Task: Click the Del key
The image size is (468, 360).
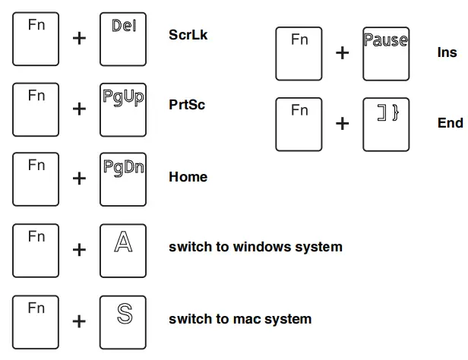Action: (x=122, y=38)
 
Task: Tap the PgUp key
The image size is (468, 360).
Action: (x=122, y=109)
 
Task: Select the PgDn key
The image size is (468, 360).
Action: (x=122, y=180)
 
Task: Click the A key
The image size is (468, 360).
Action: (x=122, y=249)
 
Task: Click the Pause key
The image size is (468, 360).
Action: (x=386, y=53)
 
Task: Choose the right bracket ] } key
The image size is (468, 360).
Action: (x=386, y=124)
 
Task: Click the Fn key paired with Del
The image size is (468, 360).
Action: (x=36, y=38)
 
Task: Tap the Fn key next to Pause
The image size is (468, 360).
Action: (x=299, y=53)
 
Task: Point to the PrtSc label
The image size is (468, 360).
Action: (x=187, y=105)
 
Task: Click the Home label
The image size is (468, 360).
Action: (x=188, y=177)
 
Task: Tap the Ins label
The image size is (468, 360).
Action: (x=447, y=52)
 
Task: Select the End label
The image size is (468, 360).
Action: (x=450, y=123)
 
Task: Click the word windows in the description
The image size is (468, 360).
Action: (x=263, y=247)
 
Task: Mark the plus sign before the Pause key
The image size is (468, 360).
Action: (x=343, y=53)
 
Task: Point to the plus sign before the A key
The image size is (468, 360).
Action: (x=79, y=250)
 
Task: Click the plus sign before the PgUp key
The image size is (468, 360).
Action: (x=79, y=109)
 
